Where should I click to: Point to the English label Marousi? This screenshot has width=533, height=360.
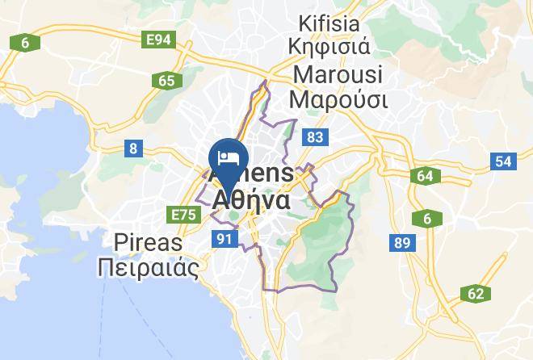click(338, 74)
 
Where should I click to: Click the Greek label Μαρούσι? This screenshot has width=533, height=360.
click(338, 100)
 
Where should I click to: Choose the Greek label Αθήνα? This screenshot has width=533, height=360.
click(251, 199)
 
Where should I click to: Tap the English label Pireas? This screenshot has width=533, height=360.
click(148, 242)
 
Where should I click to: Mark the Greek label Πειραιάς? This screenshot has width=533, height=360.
click(148, 268)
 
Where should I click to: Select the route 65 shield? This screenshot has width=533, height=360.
click(166, 80)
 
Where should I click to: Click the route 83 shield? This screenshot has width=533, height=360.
click(314, 136)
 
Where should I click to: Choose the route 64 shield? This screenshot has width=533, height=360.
click(425, 176)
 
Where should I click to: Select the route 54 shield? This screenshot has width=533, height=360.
click(503, 161)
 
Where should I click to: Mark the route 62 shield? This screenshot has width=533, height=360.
click(474, 294)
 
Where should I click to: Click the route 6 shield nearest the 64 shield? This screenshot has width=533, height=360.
click(425, 218)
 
